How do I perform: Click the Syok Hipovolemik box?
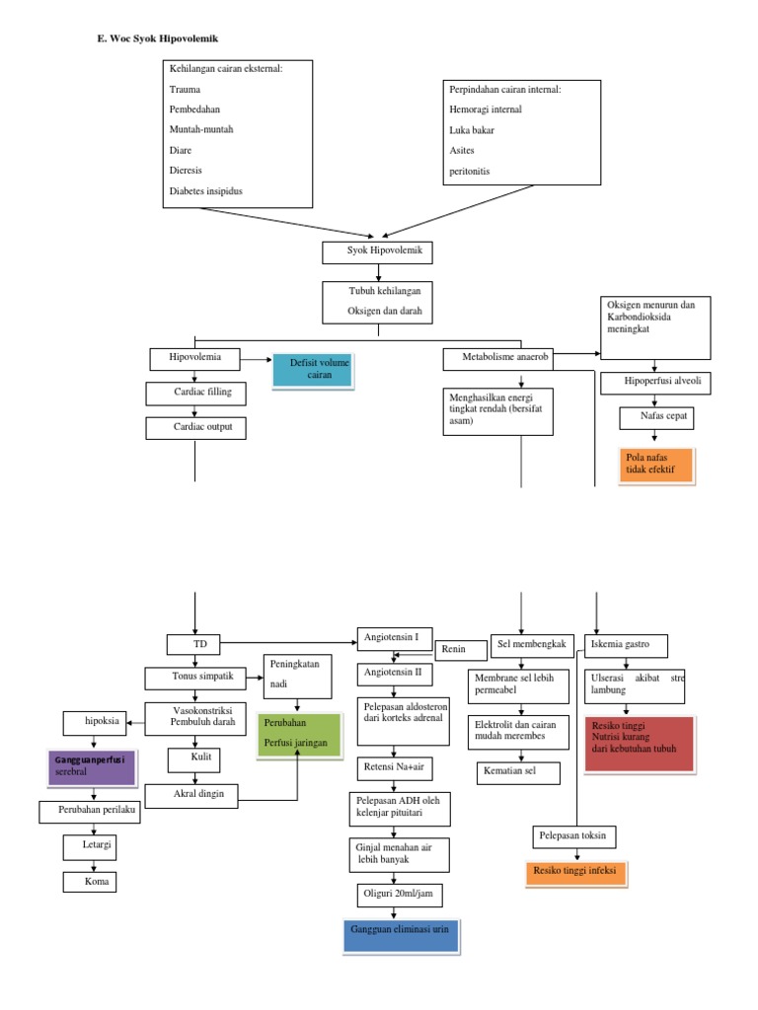[x=377, y=252]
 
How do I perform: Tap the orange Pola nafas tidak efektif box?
[x=653, y=466]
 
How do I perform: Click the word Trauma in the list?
[x=185, y=90]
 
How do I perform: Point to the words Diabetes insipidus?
[x=205, y=190]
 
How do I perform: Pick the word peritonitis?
[x=470, y=171]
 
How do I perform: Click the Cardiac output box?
[x=195, y=427]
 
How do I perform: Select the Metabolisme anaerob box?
[x=496, y=358]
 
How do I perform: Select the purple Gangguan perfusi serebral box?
[x=91, y=766]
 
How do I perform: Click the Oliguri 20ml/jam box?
[x=399, y=895]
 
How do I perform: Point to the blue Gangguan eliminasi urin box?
[x=400, y=936]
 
